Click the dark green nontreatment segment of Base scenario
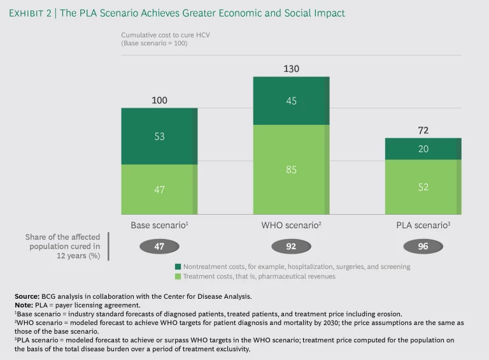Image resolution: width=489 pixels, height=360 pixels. (x=159, y=136)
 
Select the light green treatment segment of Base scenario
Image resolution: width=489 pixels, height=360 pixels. (x=159, y=189)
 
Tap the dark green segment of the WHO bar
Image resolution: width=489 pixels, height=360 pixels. (x=291, y=101)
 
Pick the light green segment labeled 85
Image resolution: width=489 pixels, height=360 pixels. (x=291, y=169)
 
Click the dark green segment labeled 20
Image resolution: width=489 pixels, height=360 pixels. (x=423, y=149)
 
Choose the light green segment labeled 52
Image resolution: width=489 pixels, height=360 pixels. (x=423, y=187)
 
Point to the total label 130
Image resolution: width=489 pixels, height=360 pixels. (x=291, y=69)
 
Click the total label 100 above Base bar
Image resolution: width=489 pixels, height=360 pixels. (x=159, y=101)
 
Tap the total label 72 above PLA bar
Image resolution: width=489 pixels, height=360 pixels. (x=423, y=130)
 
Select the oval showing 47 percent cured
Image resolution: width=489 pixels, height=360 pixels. (x=159, y=247)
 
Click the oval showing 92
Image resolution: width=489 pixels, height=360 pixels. (x=291, y=247)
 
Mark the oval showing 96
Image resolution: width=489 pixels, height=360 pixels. (x=423, y=247)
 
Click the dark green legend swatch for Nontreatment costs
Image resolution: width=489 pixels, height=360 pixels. (x=178, y=266)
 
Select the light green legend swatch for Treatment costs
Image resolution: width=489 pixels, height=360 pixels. (x=178, y=277)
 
